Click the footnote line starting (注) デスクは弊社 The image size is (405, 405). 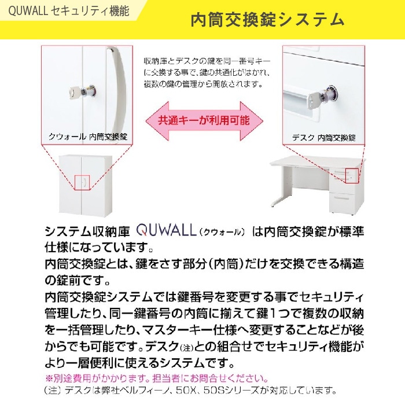191,391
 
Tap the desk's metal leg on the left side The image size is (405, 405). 275,191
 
